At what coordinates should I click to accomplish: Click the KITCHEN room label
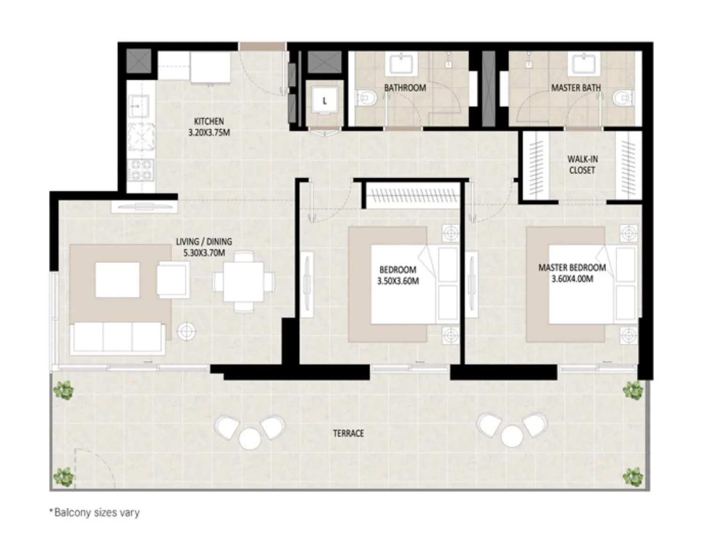[x=209, y=121]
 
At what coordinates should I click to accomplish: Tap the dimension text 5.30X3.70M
[x=204, y=253]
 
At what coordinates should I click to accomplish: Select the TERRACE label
[x=348, y=433]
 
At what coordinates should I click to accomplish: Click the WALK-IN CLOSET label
[x=582, y=164]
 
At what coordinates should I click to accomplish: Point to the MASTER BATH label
[x=576, y=88]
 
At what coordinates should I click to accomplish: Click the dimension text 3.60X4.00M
[x=572, y=279]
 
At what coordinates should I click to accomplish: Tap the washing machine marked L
[x=325, y=102]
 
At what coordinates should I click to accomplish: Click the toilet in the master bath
[x=622, y=98]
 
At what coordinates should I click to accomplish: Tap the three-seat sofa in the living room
[x=117, y=337]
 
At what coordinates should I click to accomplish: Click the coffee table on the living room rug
[x=118, y=280]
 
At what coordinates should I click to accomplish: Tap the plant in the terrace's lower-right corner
[x=633, y=477]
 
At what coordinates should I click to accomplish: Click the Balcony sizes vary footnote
[x=95, y=512]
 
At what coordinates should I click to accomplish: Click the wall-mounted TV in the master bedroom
[x=471, y=281]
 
